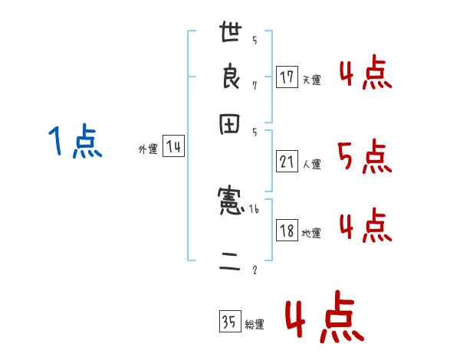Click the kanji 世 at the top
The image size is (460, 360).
click(231, 34)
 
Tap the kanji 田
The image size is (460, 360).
click(231, 125)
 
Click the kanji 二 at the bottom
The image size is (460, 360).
click(231, 265)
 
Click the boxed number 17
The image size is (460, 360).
click(287, 77)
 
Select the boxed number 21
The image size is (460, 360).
click(287, 162)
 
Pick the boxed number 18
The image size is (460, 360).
click(287, 231)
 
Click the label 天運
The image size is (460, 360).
click(311, 80)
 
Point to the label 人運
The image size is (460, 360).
click(311, 164)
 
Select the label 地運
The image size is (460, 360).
click(311, 234)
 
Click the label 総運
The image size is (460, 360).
click(255, 325)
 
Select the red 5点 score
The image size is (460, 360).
click(364, 157)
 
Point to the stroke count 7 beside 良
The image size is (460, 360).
click(255, 85)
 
